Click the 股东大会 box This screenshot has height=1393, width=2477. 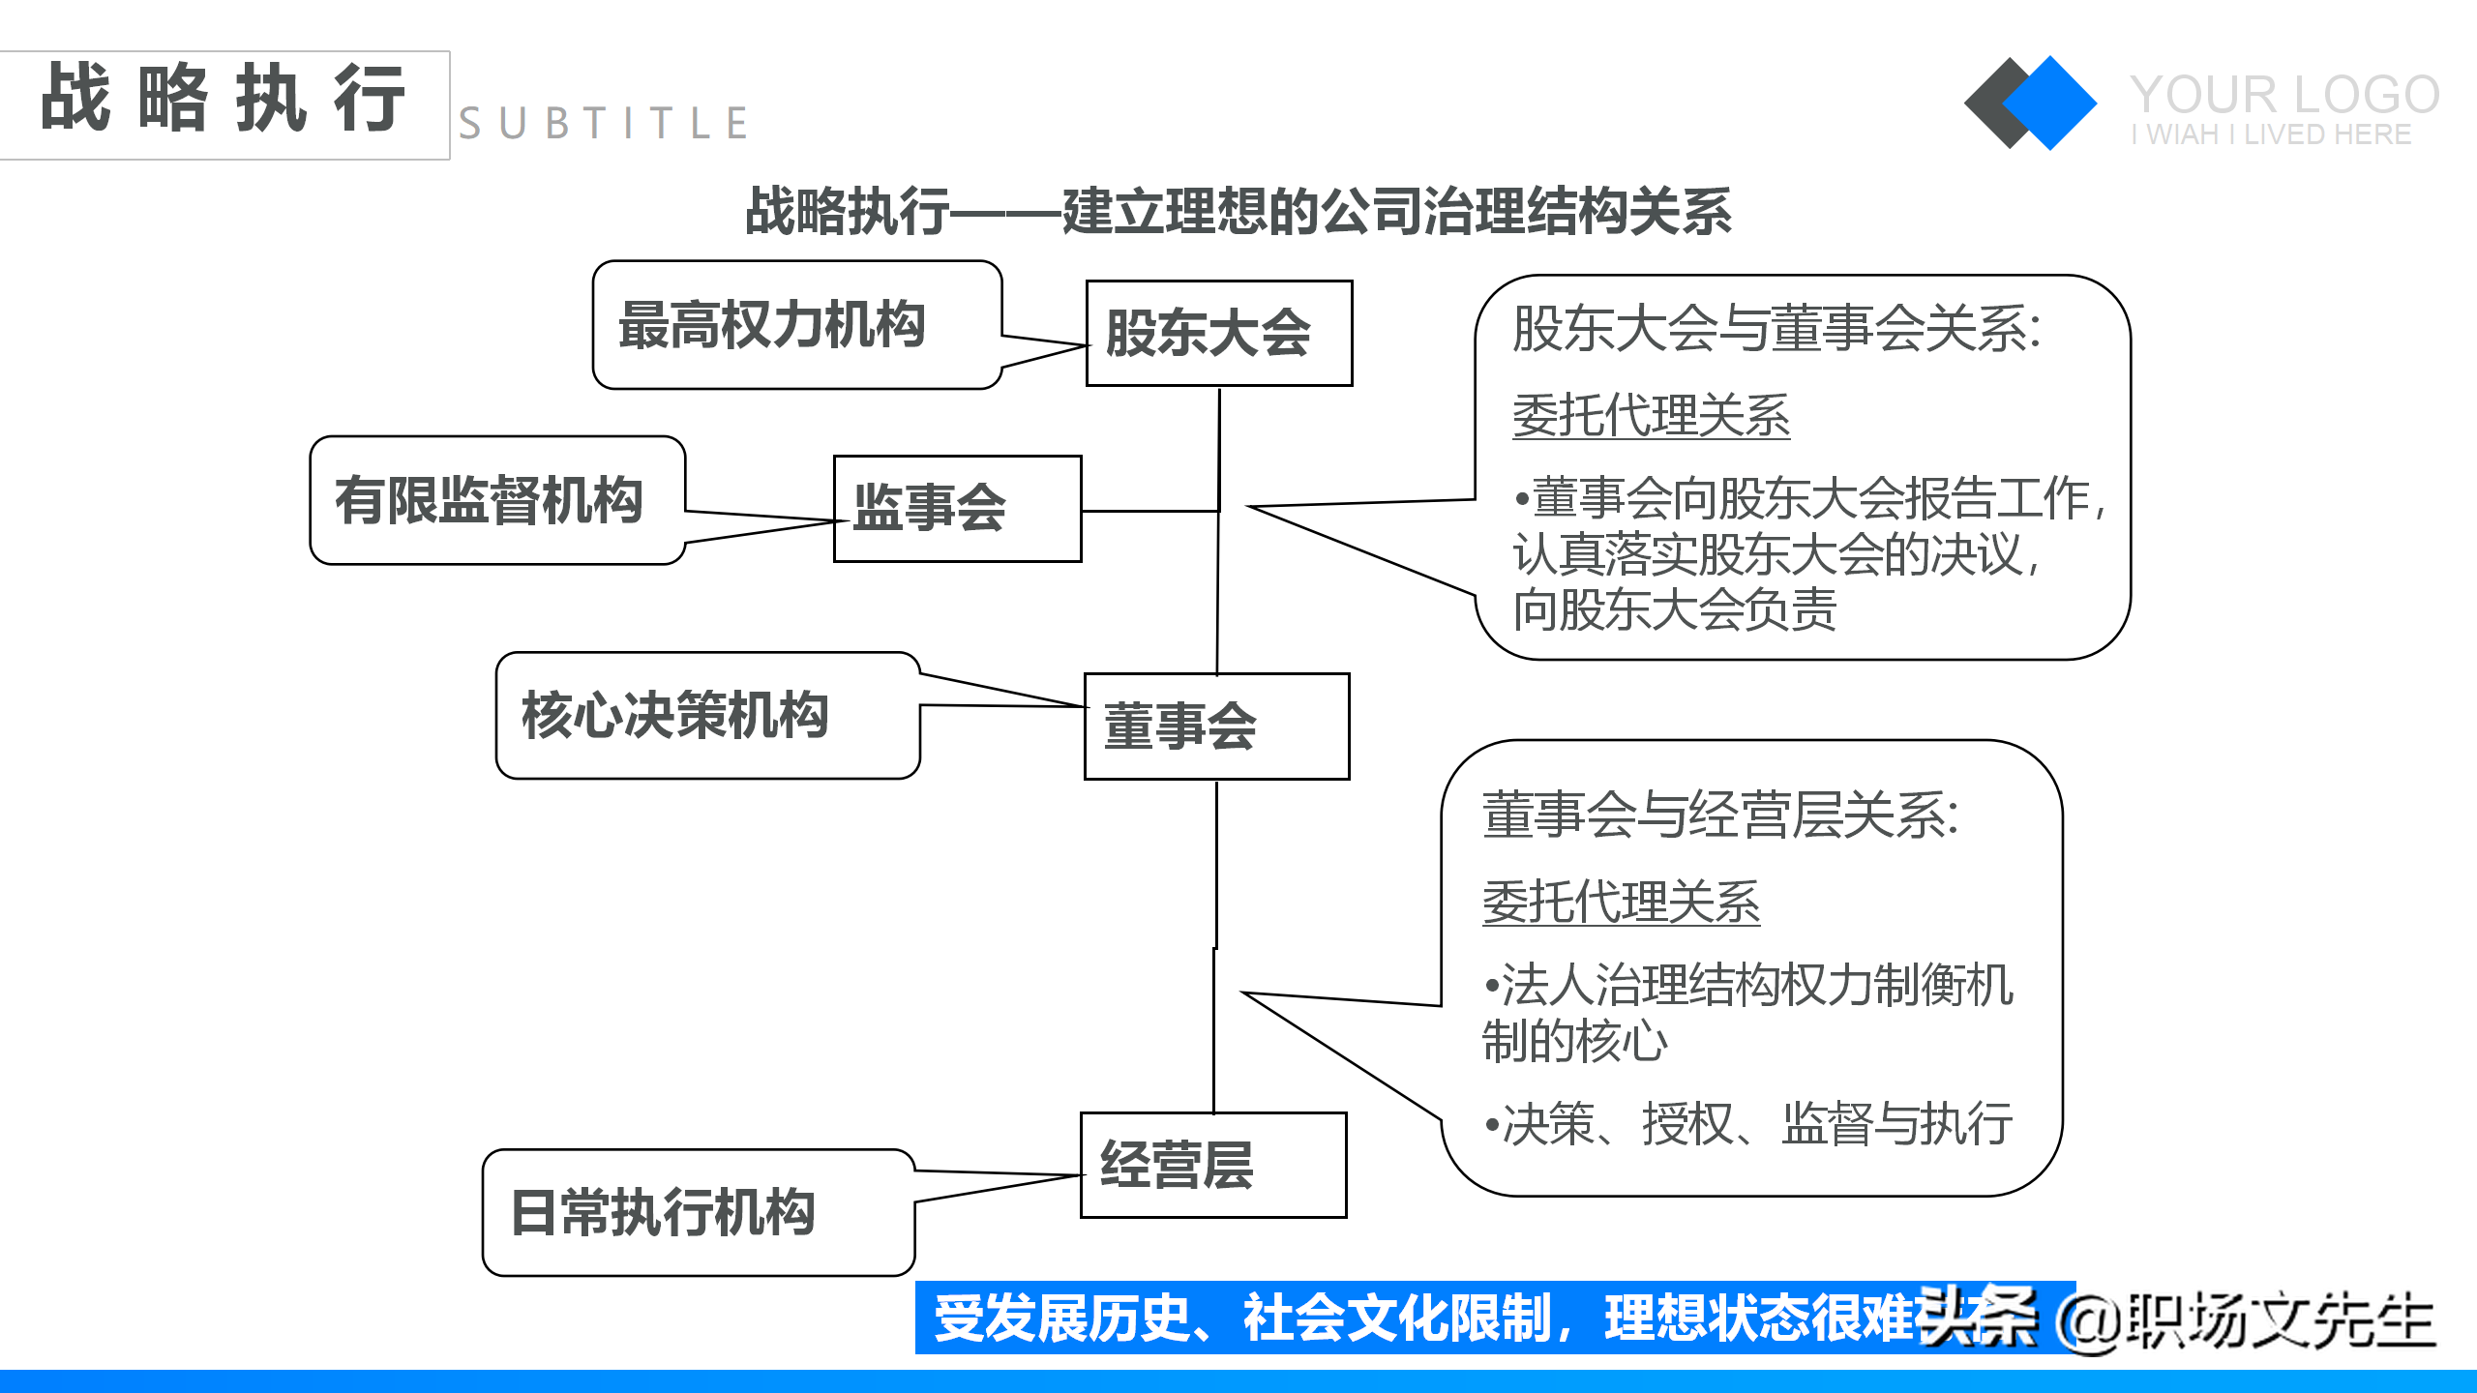1218,334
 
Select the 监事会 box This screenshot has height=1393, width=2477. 957,509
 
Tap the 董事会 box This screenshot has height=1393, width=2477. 1216,726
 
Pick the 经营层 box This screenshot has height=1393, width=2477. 1212,1165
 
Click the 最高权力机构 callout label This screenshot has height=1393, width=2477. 772,325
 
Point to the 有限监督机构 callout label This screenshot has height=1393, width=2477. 489,500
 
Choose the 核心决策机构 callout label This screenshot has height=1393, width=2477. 675,715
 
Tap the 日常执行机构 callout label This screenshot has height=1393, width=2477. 664,1212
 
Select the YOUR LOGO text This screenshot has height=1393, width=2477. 2284,95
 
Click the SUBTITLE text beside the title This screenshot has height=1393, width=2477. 604,124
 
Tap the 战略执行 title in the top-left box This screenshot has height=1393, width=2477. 224,99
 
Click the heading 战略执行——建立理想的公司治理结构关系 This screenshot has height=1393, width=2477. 1238,211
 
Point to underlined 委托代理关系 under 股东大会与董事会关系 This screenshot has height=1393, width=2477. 1651,416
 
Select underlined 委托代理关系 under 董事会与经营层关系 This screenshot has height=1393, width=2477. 1621,902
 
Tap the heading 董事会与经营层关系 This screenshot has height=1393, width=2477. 1720,815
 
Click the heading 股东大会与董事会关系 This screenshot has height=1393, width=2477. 1776,329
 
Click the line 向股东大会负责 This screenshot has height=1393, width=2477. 1675,610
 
